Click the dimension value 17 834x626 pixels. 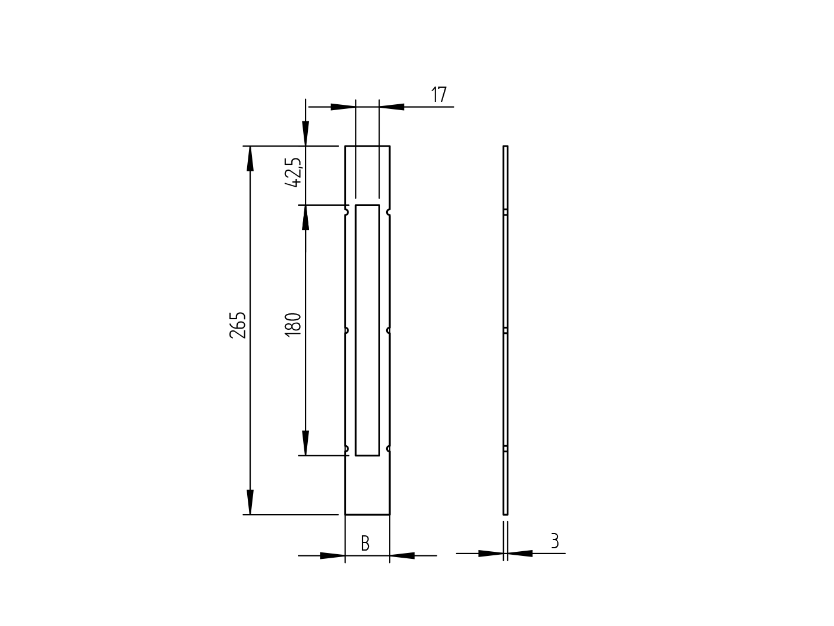coord(439,95)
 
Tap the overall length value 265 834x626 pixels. coord(237,325)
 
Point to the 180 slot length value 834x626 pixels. coord(293,324)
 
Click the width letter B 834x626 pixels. coord(365,544)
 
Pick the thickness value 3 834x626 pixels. coord(554,541)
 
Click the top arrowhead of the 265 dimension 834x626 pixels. coord(250,158)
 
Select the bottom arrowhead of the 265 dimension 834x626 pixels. coord(250,502)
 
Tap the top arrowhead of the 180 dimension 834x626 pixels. coord(305,217)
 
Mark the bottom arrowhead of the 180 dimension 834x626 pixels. coord(305,443)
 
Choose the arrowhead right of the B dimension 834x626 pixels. coord(403,555)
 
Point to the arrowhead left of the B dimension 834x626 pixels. coord(333,555)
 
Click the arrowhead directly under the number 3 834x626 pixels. coord(520,554)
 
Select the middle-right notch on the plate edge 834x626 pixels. coord(388,330)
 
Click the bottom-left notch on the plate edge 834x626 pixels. coord(347,449)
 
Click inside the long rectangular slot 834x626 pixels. coord(367,330)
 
